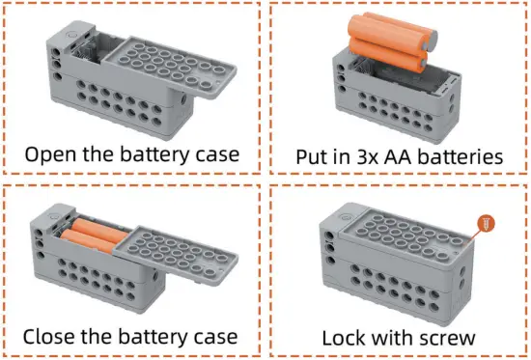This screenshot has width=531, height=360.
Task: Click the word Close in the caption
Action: tap(48, 337)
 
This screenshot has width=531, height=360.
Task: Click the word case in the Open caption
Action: tap(217, 153)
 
